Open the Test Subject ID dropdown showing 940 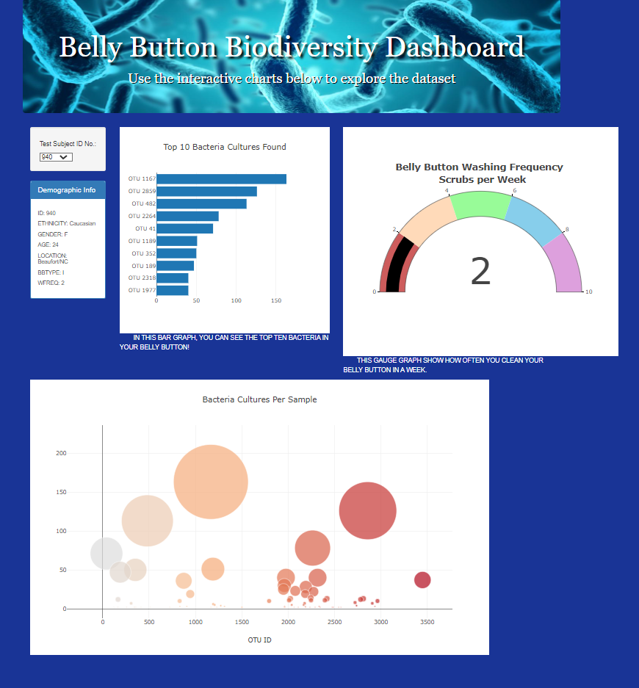(56, 157)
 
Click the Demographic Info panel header (67, 190)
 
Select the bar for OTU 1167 (221, 179)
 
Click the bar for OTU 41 (184, 228)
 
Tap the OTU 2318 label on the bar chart (142, 278)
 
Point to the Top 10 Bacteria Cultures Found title (224, 147)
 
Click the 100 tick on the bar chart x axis (237, 300)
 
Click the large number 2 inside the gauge (480, 272)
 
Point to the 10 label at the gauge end (588, 292)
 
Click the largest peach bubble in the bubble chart (211, 482)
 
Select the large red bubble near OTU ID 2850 (368, 510)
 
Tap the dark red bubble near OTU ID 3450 (422, 580)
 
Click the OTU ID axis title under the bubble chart (260, 640)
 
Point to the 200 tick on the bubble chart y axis (61, 453)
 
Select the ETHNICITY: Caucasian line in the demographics (66, 223)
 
